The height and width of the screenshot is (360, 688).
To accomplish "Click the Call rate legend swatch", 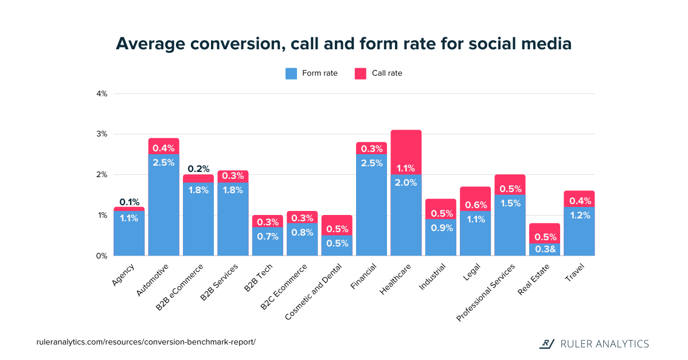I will pyautogui.click(x=360, y=73).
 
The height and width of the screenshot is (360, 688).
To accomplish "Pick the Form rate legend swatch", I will pyautogui.click(x=291, y=73).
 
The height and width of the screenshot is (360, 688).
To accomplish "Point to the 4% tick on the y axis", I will pyautogui.click(x=102, y=93).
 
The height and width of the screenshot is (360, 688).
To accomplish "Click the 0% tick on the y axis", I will pyautogui.click(x=102, y=256).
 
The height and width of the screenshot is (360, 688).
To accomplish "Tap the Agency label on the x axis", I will pyautogui.click(x=123, y=274).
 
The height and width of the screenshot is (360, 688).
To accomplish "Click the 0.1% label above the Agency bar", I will pyautogui.click(x=129, y=202).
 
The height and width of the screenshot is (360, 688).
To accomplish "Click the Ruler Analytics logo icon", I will pyautogui.click(x=548, y=343).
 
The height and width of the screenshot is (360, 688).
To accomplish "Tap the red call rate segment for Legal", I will pyautogui.click(x=475, y=195).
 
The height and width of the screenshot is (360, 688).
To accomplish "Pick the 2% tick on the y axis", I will pyautogui.click(x=102, y=175).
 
